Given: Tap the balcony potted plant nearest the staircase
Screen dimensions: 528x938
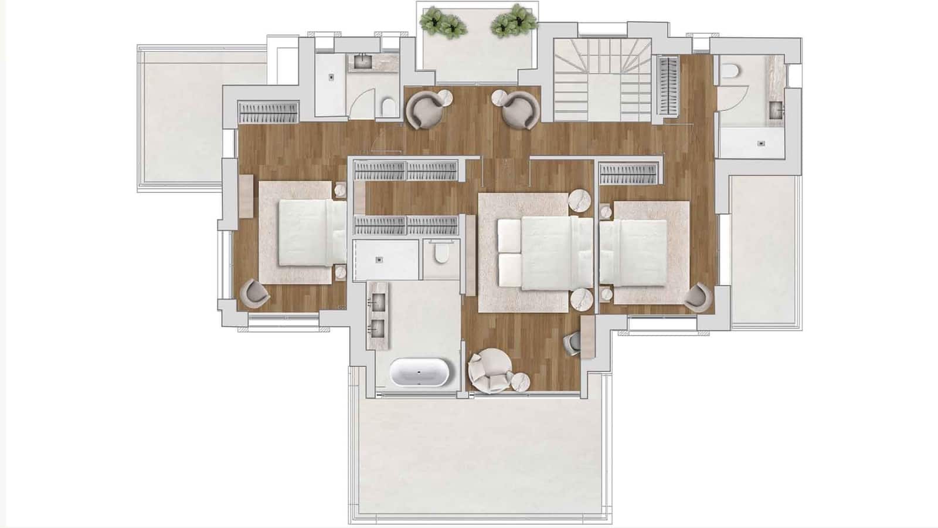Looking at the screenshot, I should [x=514, y=21].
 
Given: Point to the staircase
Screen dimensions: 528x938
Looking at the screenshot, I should [x=603, y=80].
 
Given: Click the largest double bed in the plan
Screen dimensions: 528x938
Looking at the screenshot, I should [x=538, y=253].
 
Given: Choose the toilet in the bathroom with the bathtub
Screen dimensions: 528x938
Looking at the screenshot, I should [x=441, y=253].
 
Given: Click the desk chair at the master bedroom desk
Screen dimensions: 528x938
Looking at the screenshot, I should [x=573, y=342].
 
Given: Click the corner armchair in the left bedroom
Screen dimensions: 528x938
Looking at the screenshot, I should [x=256, y=293].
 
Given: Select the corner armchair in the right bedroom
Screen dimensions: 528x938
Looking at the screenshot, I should [x=698, y=295].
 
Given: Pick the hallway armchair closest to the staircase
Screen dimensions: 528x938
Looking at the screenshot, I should [x=521, y=109].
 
